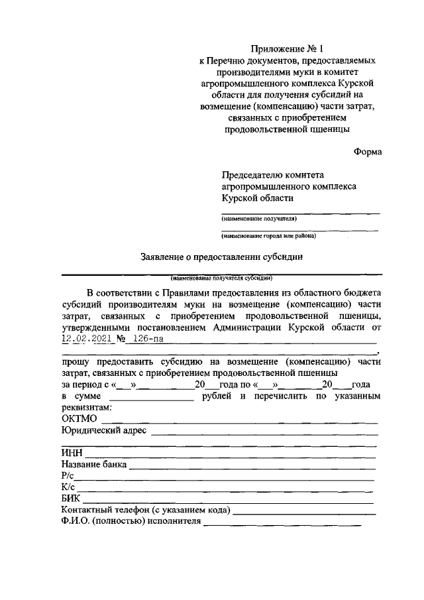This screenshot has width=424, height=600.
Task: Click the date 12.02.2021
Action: pos(86,338)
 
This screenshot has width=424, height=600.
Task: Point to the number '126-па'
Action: pos(146,338)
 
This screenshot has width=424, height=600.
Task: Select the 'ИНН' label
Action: pos(70,453)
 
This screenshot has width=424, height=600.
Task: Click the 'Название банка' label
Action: pos(93,465)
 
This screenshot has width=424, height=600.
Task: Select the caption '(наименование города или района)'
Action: pos(268,235)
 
